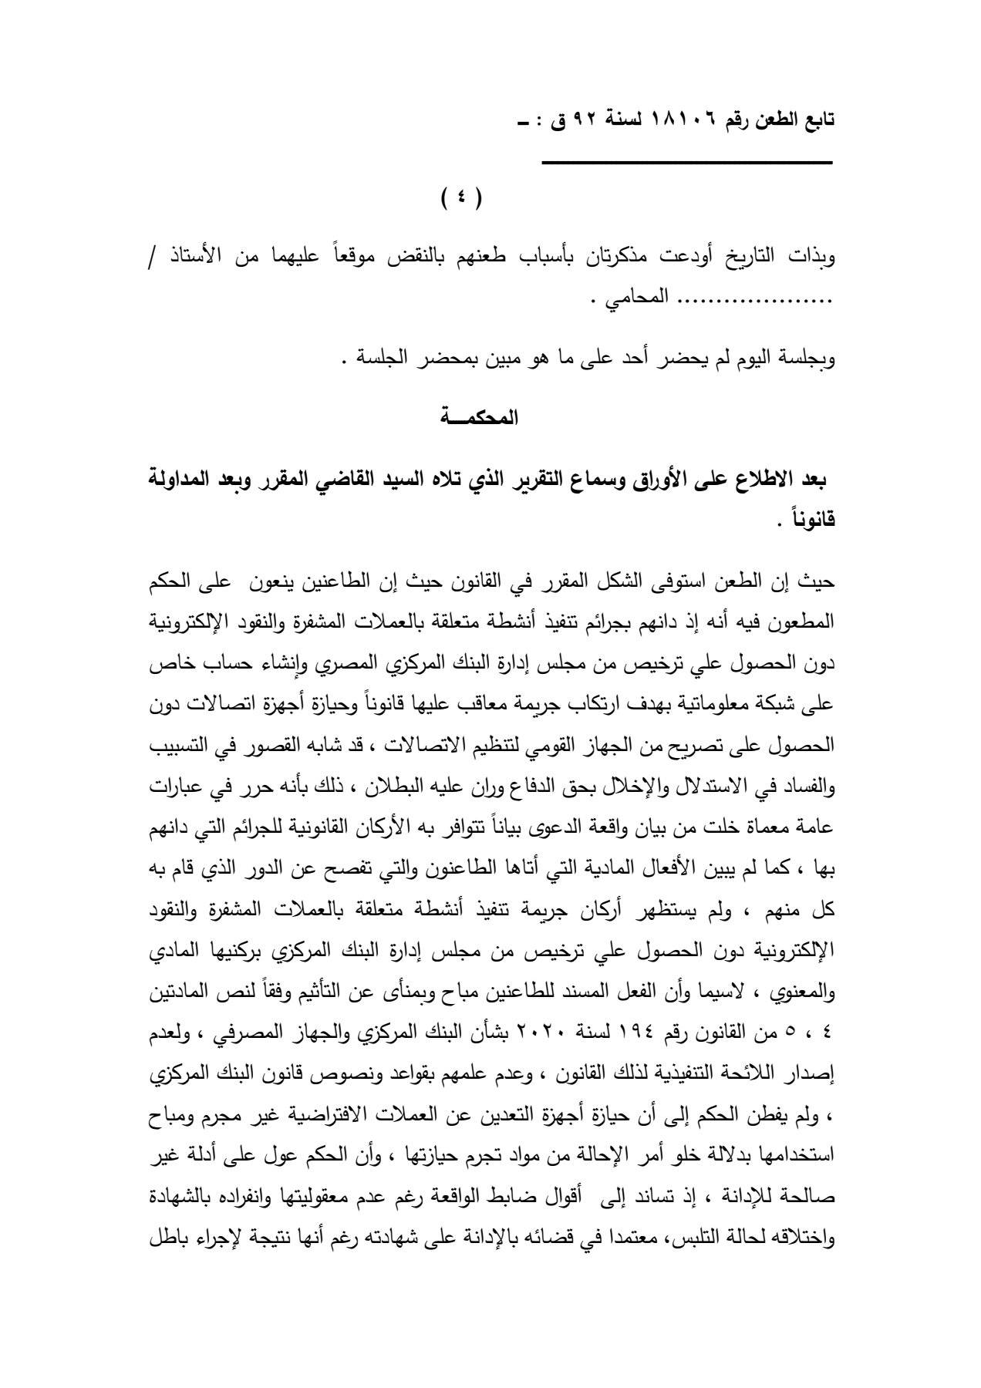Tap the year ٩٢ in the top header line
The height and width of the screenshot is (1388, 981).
coord(595,121)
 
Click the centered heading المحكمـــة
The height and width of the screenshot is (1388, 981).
coord(479,419)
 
